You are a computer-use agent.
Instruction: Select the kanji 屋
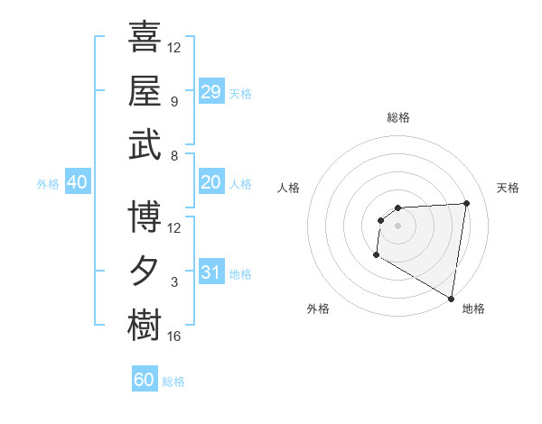pos(145,90)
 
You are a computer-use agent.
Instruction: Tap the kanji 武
pos(145,144)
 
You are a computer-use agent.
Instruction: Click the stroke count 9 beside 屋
pos(173,102)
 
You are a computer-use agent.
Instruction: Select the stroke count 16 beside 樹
pos(173,336)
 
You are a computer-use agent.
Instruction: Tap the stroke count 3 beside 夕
pos(173,282)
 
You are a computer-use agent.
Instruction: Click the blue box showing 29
pos(211,92)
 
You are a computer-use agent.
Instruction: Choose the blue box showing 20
pos(211,182)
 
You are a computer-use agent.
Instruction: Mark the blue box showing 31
pos(211,272)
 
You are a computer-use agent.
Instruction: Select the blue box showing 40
pos(77,182)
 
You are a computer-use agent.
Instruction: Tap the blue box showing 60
pos(145,380)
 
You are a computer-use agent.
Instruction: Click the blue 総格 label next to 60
pos(173,382)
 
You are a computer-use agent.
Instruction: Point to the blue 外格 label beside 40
pos(48,184)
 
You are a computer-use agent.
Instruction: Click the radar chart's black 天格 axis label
pos(508,188)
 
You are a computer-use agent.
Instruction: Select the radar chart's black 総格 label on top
pos(397,117)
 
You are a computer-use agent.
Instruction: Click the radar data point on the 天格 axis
pos(466,203)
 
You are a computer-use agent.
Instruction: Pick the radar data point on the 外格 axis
pos(376,256)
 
